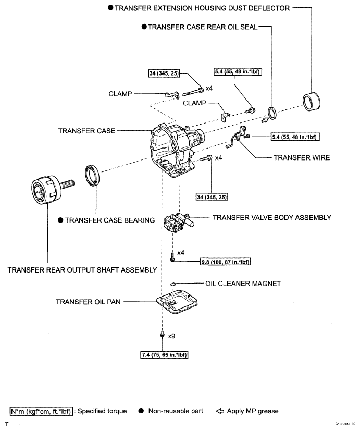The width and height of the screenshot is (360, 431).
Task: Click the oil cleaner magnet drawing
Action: (173, 284)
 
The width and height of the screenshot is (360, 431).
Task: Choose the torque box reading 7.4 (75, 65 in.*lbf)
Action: (164, 355)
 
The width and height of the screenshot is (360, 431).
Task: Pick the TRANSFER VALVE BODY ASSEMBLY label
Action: (271, 217)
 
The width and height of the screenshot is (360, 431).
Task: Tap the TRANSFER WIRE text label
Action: (301, 157)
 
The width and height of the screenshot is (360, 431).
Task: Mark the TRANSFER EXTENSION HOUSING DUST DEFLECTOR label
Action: (202, 8)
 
